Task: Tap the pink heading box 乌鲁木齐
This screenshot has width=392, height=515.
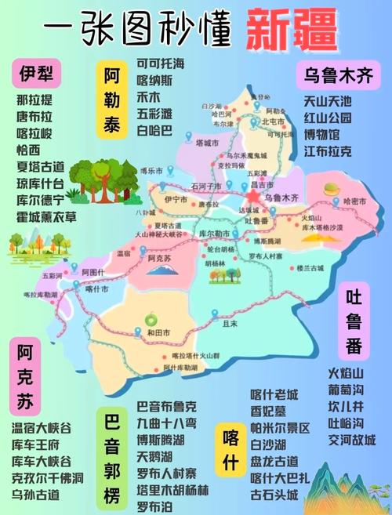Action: pos(338,76)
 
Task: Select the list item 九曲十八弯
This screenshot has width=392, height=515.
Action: pos(167,423)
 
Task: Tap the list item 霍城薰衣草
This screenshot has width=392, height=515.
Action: pos(46,217)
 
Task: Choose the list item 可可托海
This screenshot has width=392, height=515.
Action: pos(161,63)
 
